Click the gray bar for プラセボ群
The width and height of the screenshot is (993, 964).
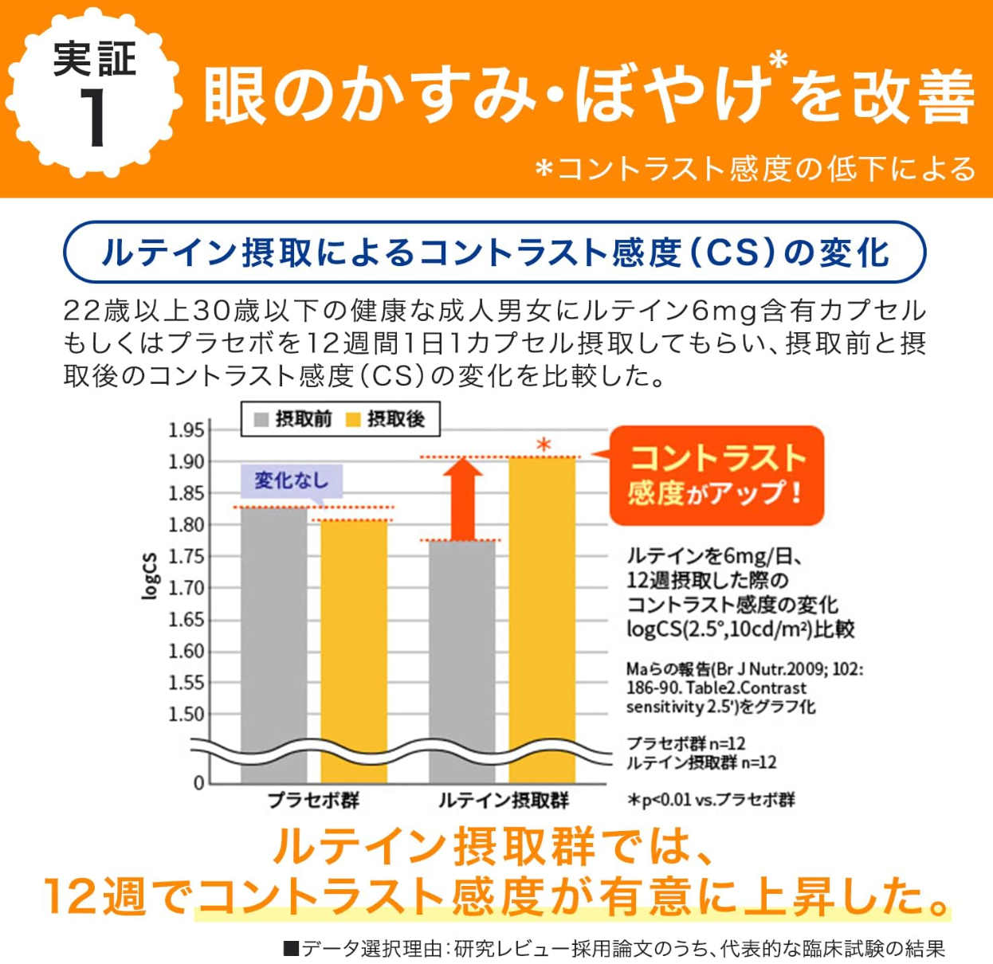273,637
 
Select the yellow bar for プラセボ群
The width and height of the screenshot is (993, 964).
354,645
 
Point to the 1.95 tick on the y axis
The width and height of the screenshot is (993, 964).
186,430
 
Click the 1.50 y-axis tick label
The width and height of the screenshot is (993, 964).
186,715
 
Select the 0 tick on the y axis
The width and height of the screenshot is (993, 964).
199,783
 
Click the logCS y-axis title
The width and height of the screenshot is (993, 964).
149,574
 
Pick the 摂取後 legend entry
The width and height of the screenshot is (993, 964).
386,419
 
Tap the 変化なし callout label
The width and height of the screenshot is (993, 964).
292,480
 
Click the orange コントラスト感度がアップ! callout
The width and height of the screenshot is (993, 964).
716,476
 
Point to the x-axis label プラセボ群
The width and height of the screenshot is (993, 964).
313,800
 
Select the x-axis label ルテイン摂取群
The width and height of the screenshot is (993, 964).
503,800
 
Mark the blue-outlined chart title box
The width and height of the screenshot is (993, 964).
495,253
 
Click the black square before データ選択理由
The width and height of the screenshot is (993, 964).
291,949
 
